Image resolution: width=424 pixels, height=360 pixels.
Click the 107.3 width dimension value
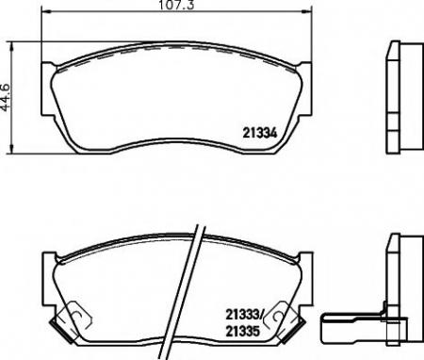(x=177, y=5)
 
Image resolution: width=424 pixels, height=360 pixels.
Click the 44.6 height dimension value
(x=6, y=97)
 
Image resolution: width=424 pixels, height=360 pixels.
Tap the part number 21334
(x=260, y=133)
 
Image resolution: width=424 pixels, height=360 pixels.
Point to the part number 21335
(x=243, y=331)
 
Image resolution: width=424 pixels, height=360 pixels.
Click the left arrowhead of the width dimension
(x=46, y=11)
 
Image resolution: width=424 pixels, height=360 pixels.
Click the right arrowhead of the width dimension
(x=307, y=11)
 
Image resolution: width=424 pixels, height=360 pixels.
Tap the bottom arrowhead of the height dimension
(x=11, y=149)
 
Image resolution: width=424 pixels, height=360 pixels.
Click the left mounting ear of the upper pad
(x=47, y=90)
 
